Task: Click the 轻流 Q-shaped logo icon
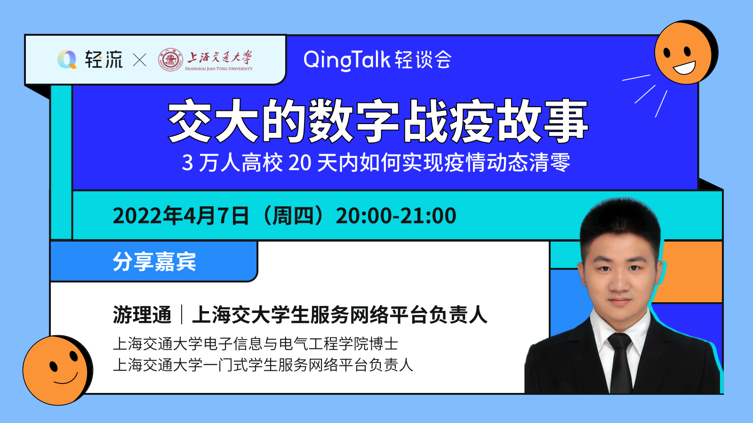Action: coord(67,59)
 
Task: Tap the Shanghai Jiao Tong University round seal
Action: coord(171,59)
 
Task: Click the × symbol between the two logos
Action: coord(139,60)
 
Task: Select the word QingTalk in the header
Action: coord(347,60)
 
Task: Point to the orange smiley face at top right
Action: coord(684,53)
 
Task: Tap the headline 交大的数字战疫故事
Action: coord(378,121)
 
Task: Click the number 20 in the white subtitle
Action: coord(300,163)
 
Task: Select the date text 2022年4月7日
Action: coord(181,216)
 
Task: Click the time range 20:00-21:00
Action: coord(396,216)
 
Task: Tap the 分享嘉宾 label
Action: coord(154,261)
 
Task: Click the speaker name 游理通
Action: coord(142,315)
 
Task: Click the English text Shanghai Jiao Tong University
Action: coord(219,69)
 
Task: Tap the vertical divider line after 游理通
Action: coord(182,314)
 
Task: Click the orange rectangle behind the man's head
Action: coord(689,271)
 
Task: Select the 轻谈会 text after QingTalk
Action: coord(423,60)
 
